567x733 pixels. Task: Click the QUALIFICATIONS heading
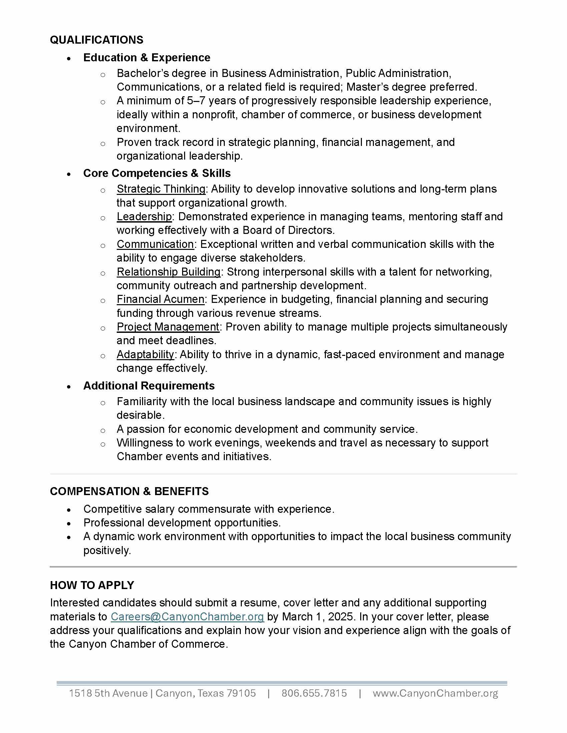(x=96, y=40)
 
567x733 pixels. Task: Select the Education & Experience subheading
(x=146, y=58)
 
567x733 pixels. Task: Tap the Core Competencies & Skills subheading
(x=156, y=173)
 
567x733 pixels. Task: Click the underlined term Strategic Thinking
(x=161, y=189)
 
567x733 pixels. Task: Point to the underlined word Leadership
(x=144, y=217)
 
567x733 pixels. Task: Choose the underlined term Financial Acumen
(x=160, y=299)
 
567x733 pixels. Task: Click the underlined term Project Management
(x=168, y=327)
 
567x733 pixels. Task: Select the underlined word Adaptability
(x=145, y=355)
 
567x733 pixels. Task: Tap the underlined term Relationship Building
(x=168, y=272)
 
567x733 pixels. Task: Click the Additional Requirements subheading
(x=148, y=385)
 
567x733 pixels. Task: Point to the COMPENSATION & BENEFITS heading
(x=129, y=491)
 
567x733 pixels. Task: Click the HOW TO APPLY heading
(x=92, y=585)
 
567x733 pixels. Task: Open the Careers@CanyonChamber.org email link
(x=187, y=616)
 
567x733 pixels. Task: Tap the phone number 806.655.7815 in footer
(x=314, y=693)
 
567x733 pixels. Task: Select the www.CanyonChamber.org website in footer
(x=435, y=693)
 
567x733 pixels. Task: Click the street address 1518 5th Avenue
(x=108, y=693)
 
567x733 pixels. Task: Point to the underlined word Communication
(x=155, y=244)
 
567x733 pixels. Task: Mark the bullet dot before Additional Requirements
(x=69, y=386)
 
